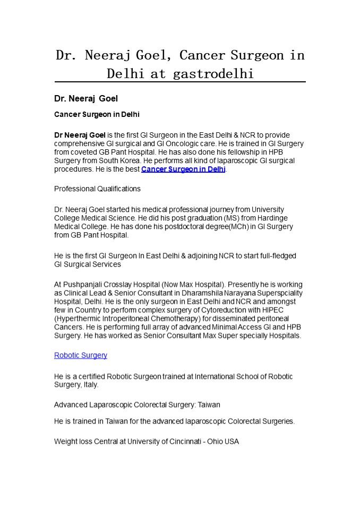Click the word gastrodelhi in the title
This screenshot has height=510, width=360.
213,74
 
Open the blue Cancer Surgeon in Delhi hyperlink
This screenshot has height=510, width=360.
183,169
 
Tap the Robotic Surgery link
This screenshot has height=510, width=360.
81,355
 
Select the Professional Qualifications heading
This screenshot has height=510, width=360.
97,189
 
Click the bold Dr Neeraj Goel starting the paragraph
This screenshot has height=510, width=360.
80,135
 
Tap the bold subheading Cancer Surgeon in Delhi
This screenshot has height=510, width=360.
97,115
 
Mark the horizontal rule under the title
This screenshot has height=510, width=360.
180,82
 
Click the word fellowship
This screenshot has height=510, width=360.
234,152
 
